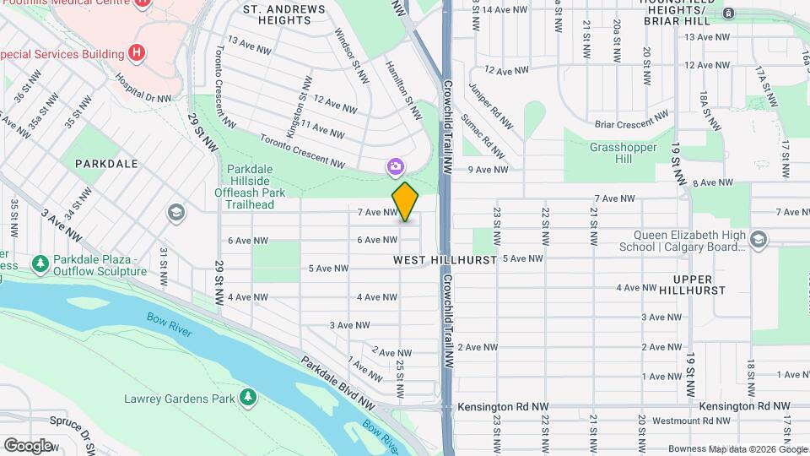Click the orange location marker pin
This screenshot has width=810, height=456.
(x=405, y=202)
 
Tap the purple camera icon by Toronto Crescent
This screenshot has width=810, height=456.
(x=395, y=168)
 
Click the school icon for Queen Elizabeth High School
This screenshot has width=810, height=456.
(x=759, y=241)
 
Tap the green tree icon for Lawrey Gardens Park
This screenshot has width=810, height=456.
(x=247, y=397)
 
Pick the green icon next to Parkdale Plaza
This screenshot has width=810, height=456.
(x=40, y=265)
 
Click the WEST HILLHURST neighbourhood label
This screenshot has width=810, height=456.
(x=445, y=260)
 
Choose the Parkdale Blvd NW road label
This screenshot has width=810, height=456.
(x=338, y=383)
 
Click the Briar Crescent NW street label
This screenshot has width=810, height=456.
(x=631, y=124)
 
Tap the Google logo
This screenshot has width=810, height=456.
(x=28, y=445)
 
